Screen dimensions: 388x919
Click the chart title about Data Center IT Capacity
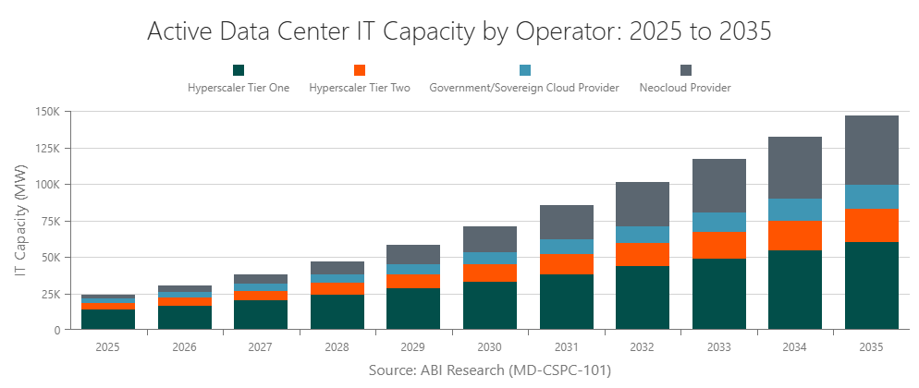tap(459, 30)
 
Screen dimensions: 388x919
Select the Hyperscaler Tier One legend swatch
tap(239, 70)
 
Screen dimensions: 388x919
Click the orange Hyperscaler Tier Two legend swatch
tap(360, 70)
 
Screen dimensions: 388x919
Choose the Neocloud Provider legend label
tap(685, 89)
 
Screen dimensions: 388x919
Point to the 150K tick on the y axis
tap(45, 112)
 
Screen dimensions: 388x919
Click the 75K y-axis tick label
tap(48, 221)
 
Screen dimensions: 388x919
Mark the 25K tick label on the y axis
tap(48, 294)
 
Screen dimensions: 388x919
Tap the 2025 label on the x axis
tap(107, 347)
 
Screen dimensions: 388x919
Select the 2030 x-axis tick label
tap(489, 347)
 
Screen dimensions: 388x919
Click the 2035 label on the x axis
tap(871, 347)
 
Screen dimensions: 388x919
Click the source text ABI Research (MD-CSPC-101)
tap(489, 370)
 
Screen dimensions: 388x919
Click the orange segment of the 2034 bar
tap(794, 236)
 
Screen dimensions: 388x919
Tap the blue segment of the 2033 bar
tap(718, 223)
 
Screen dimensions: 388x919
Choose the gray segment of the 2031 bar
tap(566, 222)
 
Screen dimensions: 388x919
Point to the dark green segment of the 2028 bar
tap(337, 312)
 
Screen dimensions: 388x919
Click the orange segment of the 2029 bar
tap(412, 282)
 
